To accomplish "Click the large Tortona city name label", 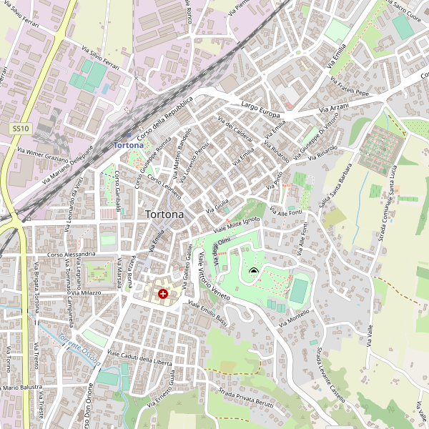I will (164, 214).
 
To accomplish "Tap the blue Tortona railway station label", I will (129, 145).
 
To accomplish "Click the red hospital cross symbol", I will (163, 293).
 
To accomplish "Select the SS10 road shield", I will (20, 128).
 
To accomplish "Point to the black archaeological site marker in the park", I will (253, 270).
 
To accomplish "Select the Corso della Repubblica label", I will (165, 117).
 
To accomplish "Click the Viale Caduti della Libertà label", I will (139, 357).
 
